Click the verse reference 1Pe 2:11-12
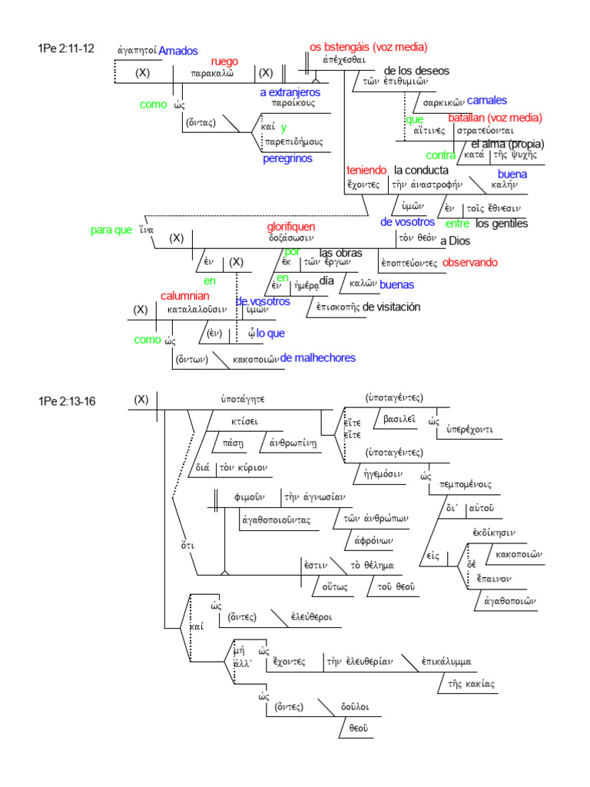(65, 49)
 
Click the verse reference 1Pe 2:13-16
(67, 401)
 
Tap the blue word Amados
(178, 51)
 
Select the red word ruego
(224, 61)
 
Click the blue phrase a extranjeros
(290, 92)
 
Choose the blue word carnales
(487, 100)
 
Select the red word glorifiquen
(291, 227)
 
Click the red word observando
(470, 262)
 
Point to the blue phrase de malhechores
(318, 358)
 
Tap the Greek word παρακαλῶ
(212, 75)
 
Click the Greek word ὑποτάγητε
(243, 400)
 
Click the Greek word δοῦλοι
(357, 706)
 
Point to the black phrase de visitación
(392, 307)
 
